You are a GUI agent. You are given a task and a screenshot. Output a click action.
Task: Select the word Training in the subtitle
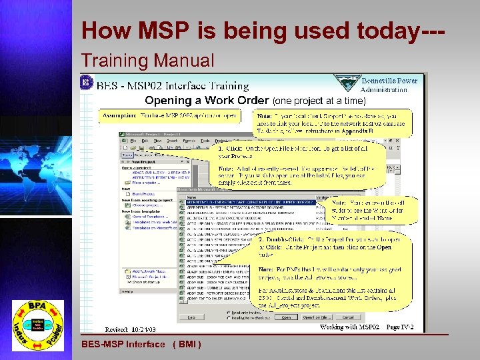(x=114, y=61)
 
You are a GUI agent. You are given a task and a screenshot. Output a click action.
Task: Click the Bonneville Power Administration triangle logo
(x=347, y=83)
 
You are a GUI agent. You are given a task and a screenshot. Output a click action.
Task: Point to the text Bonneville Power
(x=389, y=81)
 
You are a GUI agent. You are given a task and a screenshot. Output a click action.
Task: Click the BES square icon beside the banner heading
(x=86, y=83)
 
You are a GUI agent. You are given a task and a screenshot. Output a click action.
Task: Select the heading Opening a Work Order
(x=207, y=101)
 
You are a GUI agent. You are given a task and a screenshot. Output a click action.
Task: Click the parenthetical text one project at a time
(x=319, y=101)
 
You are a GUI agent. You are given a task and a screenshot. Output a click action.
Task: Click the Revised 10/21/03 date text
(x=130, y=329)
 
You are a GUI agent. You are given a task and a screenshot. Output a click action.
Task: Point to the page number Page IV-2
(x=401, y=327)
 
